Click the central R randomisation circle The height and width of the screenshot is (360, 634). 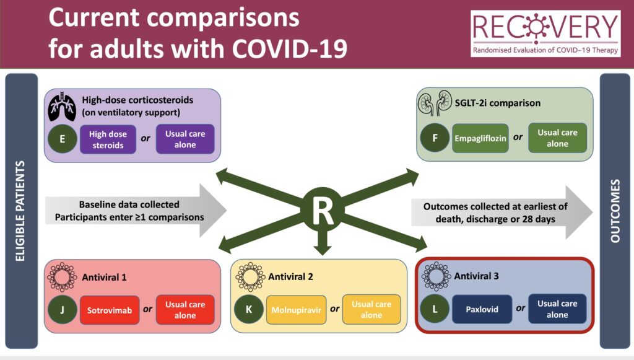tap(323, 210)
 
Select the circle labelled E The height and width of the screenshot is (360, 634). tap(63, 139)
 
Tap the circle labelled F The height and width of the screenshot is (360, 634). tap(435, 138)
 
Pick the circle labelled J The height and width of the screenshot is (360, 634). tap(63, 309)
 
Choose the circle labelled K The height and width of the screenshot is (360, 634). tap(249, 309)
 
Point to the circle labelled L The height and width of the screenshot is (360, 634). tap(435, 309)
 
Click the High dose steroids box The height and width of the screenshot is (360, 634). tap(108, 139)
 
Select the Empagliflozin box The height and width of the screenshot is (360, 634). tap(480, 138)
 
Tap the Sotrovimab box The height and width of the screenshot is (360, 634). tap(110, 310)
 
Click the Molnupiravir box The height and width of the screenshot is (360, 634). tap(297, 310)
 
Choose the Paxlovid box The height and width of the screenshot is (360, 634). tap(482, 309)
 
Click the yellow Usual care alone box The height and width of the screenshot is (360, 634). tap(371, 309)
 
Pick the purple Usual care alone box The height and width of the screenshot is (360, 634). tap(185, 139)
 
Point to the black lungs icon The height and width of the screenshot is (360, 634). tap(62, 107)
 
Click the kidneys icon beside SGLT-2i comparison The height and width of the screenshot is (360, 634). tap(435, 102)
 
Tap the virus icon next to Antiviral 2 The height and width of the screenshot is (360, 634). tap(250, 277)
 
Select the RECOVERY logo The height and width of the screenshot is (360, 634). tap(545, 33)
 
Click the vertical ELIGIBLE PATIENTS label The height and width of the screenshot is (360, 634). tap(20, 211)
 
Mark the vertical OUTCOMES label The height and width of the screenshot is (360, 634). tap(615, 211)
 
